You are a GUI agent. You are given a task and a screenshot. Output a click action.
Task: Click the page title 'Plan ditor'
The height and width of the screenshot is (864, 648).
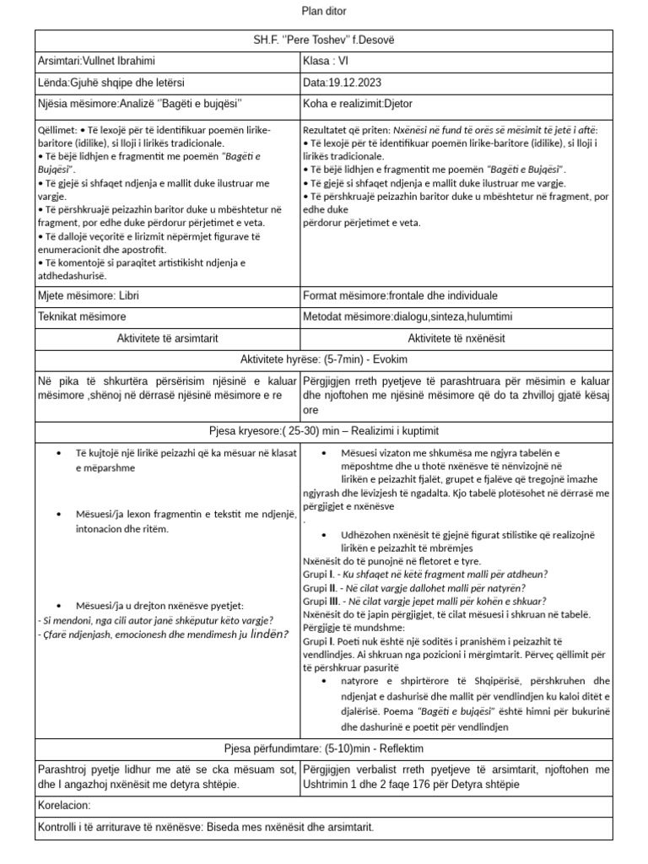pyautogui.click(x=324, y=11)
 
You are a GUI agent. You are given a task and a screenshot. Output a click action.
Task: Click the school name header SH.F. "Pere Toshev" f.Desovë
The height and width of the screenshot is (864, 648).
pyautogui.click(x=324, y=40)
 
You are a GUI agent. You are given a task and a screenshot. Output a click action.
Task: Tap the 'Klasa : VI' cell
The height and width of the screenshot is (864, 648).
pyautogui.click(x=326, y=62)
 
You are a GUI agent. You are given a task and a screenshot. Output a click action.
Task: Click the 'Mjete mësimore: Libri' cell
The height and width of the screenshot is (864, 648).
pyautogui.click(x=89, y=296)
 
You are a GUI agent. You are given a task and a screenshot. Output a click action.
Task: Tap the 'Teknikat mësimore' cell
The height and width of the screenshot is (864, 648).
pyautogui.click(x=82, y=316)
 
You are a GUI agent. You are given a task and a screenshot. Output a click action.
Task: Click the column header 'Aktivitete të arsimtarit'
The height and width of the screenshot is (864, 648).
pyautogui.click(x=167, y=337)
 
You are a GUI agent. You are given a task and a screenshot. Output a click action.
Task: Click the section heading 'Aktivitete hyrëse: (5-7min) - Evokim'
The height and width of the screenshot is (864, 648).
pyautogui.click(x=324, y=358)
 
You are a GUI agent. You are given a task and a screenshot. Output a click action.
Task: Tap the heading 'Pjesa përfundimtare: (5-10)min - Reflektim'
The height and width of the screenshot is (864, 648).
pyautogui.click(x=324, y=748)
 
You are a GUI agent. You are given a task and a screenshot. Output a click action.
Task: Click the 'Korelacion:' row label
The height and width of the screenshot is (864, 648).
pyautogui.click(x=64, y=806)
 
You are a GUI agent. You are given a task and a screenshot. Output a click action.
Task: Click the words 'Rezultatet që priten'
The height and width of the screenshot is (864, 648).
pyautogui.click(x=343, y=131)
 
